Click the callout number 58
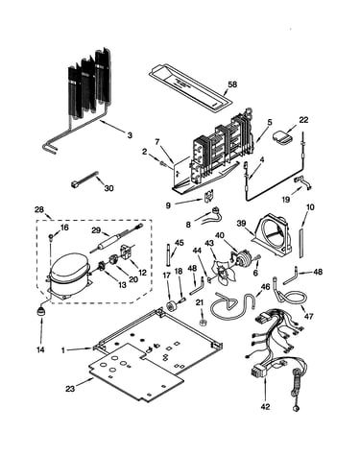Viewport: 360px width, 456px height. coord(232,84)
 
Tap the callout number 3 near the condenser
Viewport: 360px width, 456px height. coord(130,135)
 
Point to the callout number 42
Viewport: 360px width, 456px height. coord(265,407)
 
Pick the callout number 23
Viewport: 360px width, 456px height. coord(70,389)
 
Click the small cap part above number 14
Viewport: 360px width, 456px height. coord(41,311)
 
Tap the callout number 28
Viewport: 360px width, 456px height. coord(39,209)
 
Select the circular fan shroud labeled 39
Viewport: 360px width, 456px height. coord(273,235)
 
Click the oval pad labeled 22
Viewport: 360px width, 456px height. coord(282,136)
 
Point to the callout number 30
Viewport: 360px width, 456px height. coord(109,188)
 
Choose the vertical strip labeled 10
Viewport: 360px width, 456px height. coord(301,243)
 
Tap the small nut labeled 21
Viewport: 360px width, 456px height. coord(202,322)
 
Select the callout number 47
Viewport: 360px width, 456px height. coord(309,317)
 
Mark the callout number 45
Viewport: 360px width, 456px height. coord(180,243)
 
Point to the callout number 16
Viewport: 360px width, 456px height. coord(64,228)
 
